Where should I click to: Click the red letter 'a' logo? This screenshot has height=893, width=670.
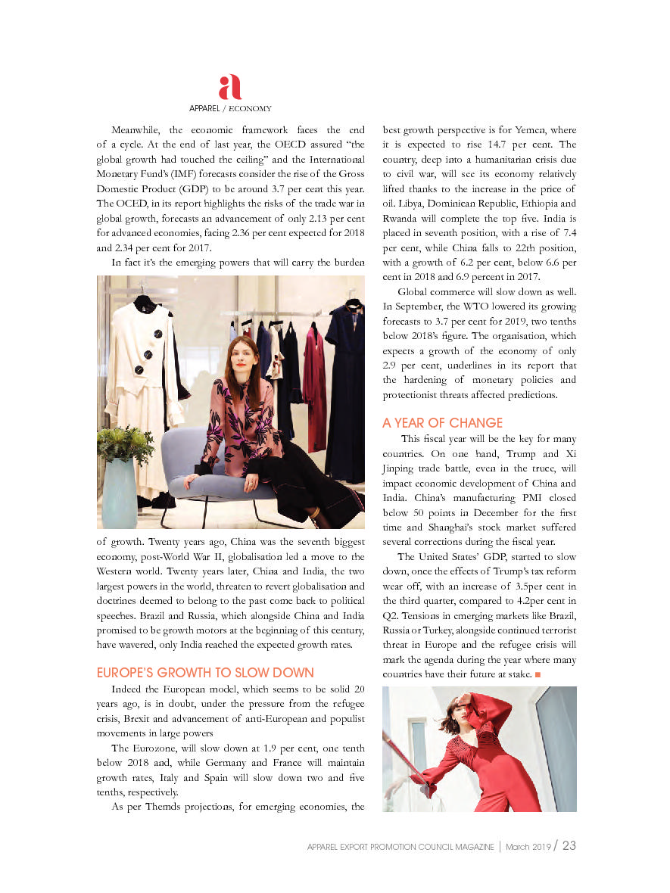tap(229, 88)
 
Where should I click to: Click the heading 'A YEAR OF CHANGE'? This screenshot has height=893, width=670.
tap(442, 422)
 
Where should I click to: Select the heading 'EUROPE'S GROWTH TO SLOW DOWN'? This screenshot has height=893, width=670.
tap(205, 673)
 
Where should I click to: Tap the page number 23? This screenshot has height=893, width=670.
tap(569, 845)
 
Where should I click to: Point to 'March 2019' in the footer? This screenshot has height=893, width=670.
tap(528, 847)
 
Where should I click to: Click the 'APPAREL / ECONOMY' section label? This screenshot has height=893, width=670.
tap(230, 109)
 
